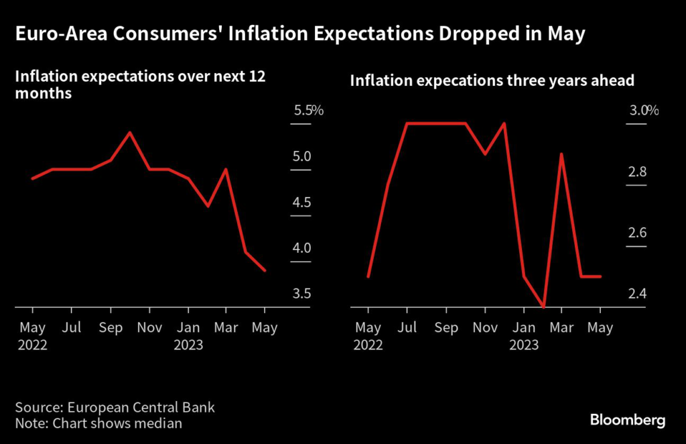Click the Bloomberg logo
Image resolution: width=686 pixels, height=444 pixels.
(x=627, y=421)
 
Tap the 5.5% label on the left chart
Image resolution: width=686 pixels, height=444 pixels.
(x=308, y=111)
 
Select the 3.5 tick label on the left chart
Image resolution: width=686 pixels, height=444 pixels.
(x=302, y=294)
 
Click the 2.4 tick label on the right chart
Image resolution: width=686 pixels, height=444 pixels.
(x=637, y=294)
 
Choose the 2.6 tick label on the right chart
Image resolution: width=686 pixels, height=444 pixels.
(x=637, y=233)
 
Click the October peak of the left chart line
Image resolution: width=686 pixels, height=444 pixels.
(x=129, y=133)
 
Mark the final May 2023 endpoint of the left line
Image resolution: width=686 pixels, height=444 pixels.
(x=265, y=270)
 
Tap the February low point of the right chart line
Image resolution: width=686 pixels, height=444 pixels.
(x=543, y=307)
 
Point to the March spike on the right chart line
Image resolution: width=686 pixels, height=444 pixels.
(x=561, y=154)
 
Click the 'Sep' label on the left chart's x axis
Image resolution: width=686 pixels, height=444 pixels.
(x=111, y=328)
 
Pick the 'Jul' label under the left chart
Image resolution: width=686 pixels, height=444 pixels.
(x=72, y=328)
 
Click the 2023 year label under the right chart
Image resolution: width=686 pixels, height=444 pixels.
(x=523, y=345)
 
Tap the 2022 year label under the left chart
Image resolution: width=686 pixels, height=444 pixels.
(x=33, y=345)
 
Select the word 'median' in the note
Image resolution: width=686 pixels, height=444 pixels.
(x=161, y=423)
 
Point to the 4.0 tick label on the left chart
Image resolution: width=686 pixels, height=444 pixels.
(x=302, y=248)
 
